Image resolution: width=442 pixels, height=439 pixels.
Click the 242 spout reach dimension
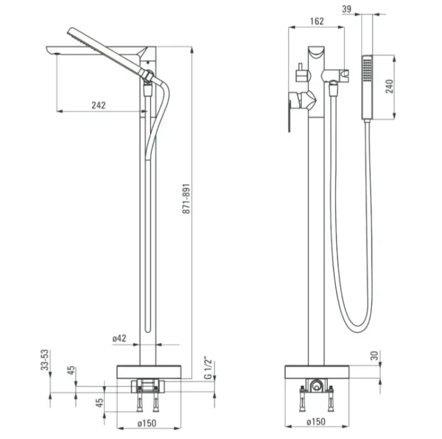click(x=98, y=105)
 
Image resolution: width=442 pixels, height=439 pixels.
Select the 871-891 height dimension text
click(x=187, y=199)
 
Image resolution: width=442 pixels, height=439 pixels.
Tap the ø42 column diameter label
click(x=120, y=338)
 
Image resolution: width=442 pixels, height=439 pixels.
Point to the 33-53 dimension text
click(x=45, y=360)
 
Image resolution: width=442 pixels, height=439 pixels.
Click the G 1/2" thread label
click(x=208, y=368)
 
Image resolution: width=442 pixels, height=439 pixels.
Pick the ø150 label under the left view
click(x=147, y=423)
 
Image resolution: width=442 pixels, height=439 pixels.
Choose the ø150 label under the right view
click(x=316, y=421)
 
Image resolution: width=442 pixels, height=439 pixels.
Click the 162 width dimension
click(x=317, y=21)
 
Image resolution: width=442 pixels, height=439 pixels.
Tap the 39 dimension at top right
click(x=347, y=9)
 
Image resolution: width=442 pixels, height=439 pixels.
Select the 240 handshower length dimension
click(x=390, y=87)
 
